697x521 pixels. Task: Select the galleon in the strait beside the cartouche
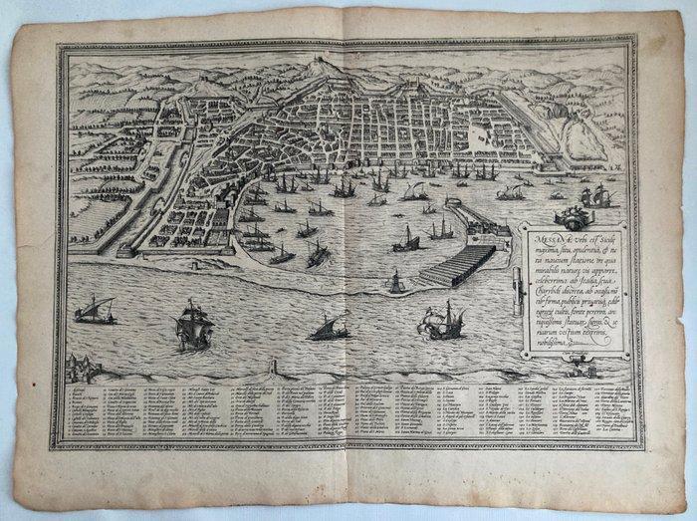pyautogui.click(x=444, y=321)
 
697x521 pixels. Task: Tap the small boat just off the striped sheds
pyautogui.click(x=395, y=284)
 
